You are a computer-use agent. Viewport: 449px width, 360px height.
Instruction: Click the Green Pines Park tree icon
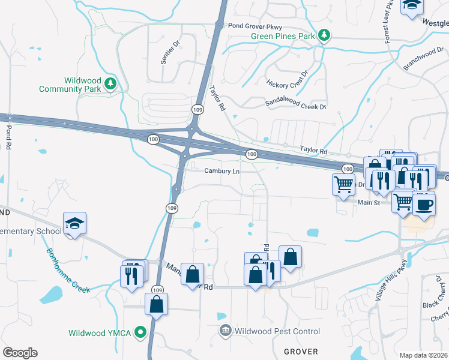324,35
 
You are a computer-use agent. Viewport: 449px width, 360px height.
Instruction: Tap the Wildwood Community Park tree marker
110,85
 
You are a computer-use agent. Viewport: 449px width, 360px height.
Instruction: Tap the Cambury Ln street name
221,171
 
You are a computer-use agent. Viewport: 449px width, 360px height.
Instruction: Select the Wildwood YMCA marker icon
140,332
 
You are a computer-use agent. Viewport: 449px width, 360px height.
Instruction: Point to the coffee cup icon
424,204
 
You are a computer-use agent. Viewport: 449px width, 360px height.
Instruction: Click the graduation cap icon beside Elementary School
75,223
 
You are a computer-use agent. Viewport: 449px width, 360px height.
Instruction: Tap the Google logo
20,353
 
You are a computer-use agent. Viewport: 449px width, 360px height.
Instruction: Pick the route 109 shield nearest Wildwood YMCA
157,289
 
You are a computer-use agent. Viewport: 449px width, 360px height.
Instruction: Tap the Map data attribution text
423,355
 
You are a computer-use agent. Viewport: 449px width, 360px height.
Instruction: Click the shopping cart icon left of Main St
344,185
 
